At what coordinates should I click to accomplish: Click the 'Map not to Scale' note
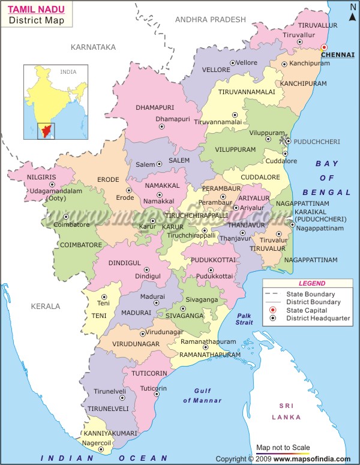[283, 448]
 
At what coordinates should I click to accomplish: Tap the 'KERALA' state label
[46, 306]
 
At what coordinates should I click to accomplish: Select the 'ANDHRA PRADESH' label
[210, 20]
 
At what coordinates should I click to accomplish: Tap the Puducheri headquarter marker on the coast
[288, 142]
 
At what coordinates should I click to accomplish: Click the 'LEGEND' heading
[311, 283]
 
